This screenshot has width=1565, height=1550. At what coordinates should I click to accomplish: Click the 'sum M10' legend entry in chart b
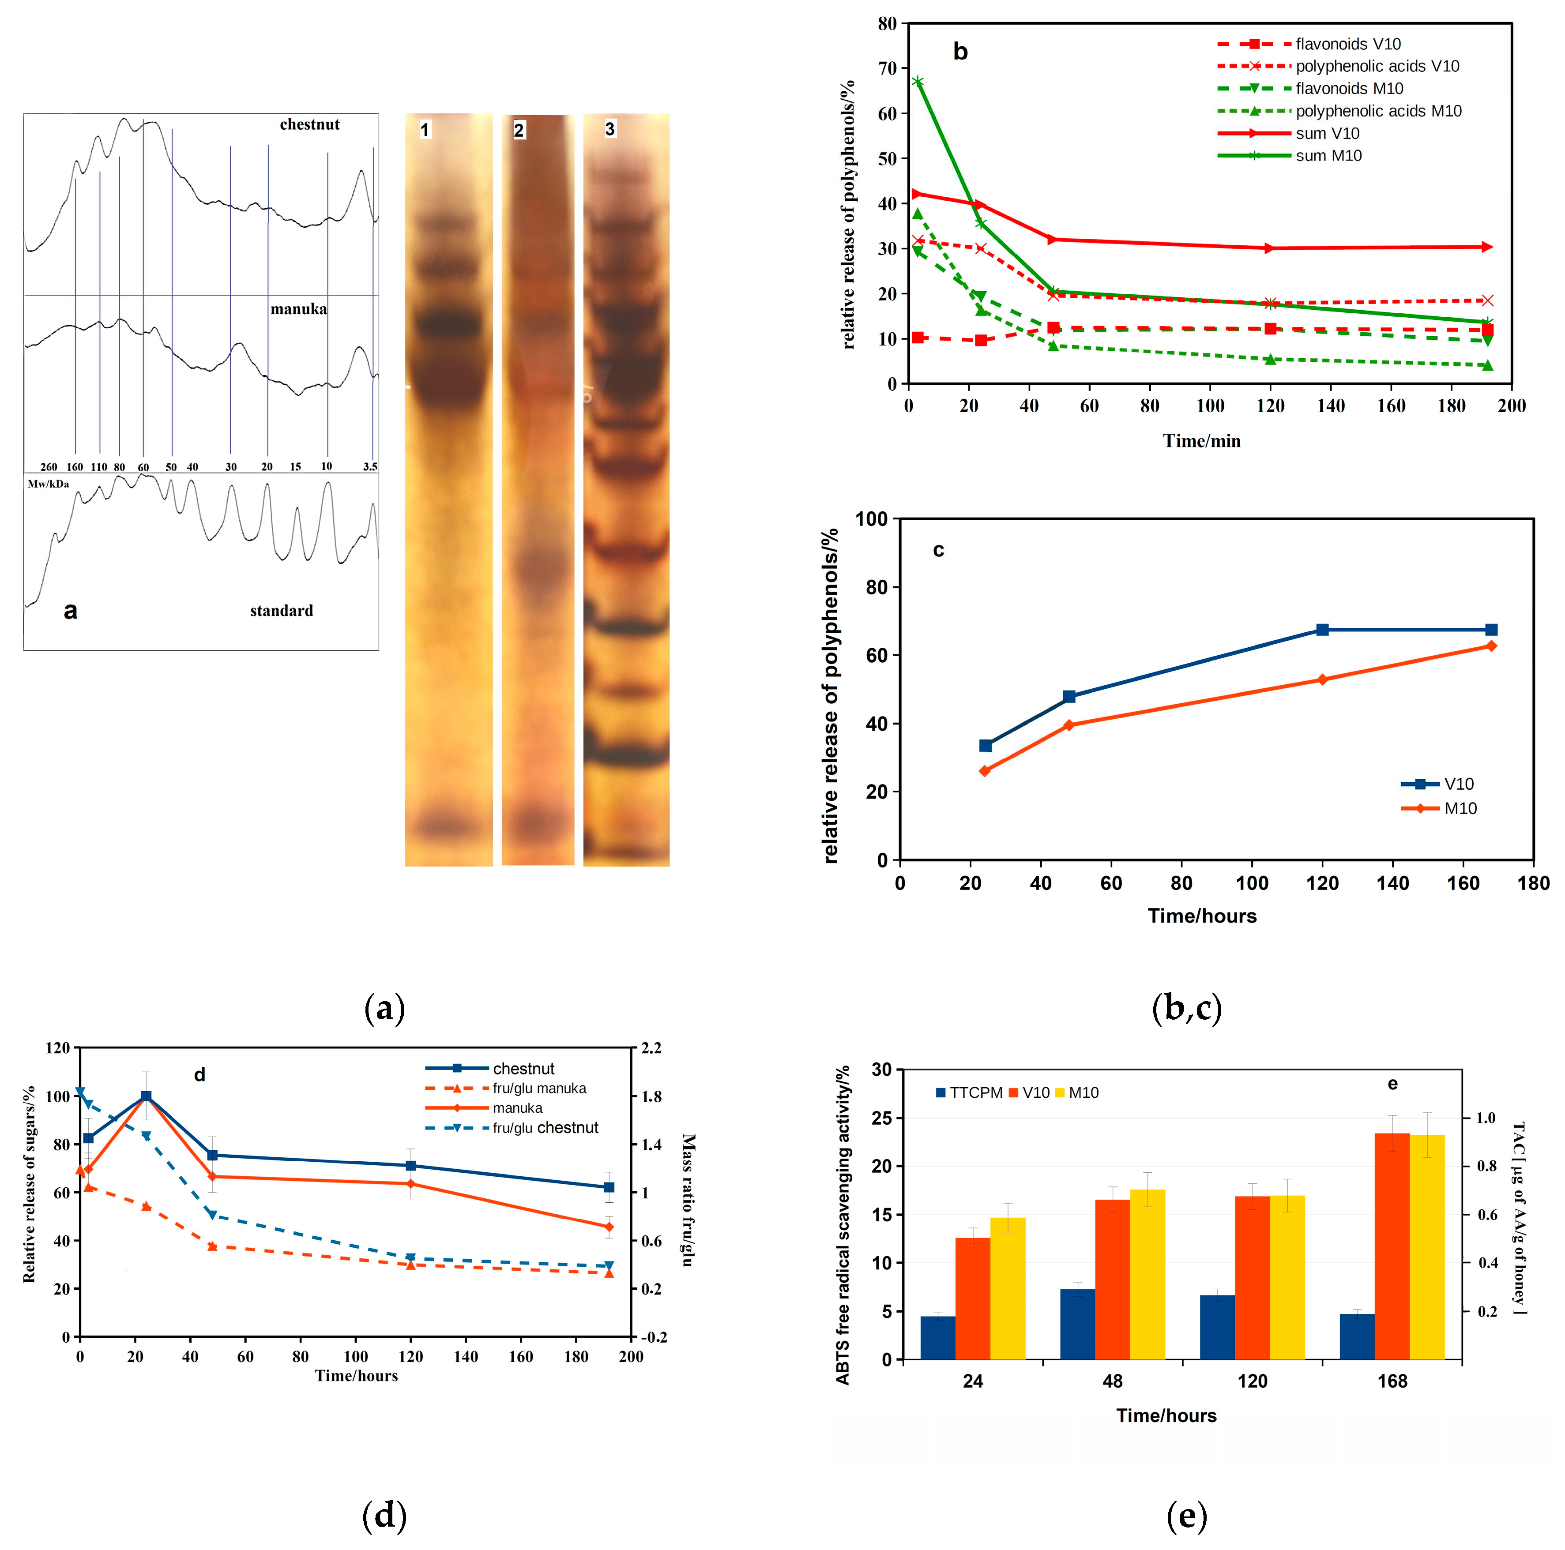pyautogui.click(x=1328, y=155)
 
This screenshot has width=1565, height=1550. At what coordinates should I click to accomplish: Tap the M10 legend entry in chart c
pyautogui.click(x=1460, y=808)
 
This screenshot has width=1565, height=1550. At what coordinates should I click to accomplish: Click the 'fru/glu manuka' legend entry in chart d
pyautogui.click(x=539, y=1088)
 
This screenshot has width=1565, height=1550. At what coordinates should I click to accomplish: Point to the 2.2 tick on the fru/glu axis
pyautogui.click(x=651, y=1048)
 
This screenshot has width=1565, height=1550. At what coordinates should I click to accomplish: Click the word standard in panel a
pyautogui.click(x=281, y=611)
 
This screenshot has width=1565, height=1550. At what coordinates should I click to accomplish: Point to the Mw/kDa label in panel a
pyautogui.click(x=49, y=484)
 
